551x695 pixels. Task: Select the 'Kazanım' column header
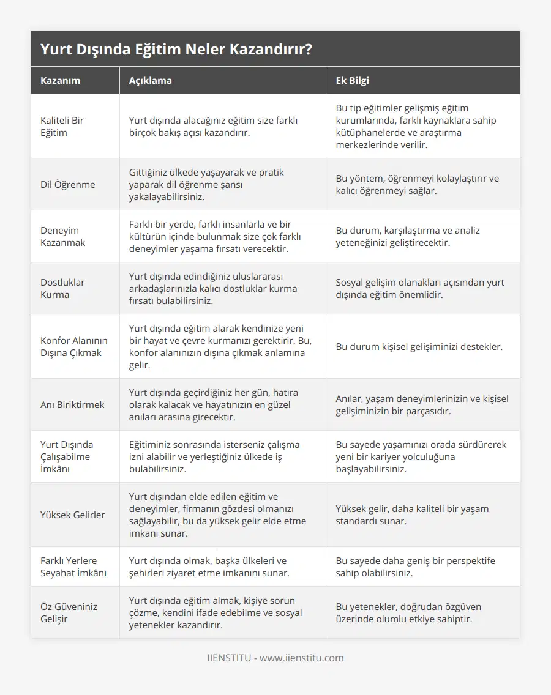[x=60, y=80]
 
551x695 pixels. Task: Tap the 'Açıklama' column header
[x=151, y=80]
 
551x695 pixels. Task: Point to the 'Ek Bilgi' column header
[x=352, y=80]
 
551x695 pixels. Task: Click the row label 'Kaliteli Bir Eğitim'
[x=62, y=126]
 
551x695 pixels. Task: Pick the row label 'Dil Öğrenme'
[x=67, y=184]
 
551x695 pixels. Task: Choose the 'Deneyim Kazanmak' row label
[x=63, y=236]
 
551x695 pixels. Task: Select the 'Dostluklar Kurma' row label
[x=62, y=288]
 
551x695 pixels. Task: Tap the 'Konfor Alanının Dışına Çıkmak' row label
[x=71, y=346]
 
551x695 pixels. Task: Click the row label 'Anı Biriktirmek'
[x=72, y=404]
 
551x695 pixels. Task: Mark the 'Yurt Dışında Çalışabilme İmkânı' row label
[x=67, y=456]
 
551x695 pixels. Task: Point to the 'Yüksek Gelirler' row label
[x=72, y=515]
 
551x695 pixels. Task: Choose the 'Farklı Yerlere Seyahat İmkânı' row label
[x=73, y=567]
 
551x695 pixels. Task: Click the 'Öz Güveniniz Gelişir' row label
[x=69, y=612]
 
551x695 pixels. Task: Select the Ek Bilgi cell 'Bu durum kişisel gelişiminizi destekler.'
[x=419, y=346]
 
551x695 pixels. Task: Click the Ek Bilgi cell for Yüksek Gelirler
[x=412, y=515]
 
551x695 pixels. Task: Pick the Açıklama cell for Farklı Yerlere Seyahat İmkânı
[x=209, y=567]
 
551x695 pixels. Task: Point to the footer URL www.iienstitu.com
[x=301, y=658]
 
